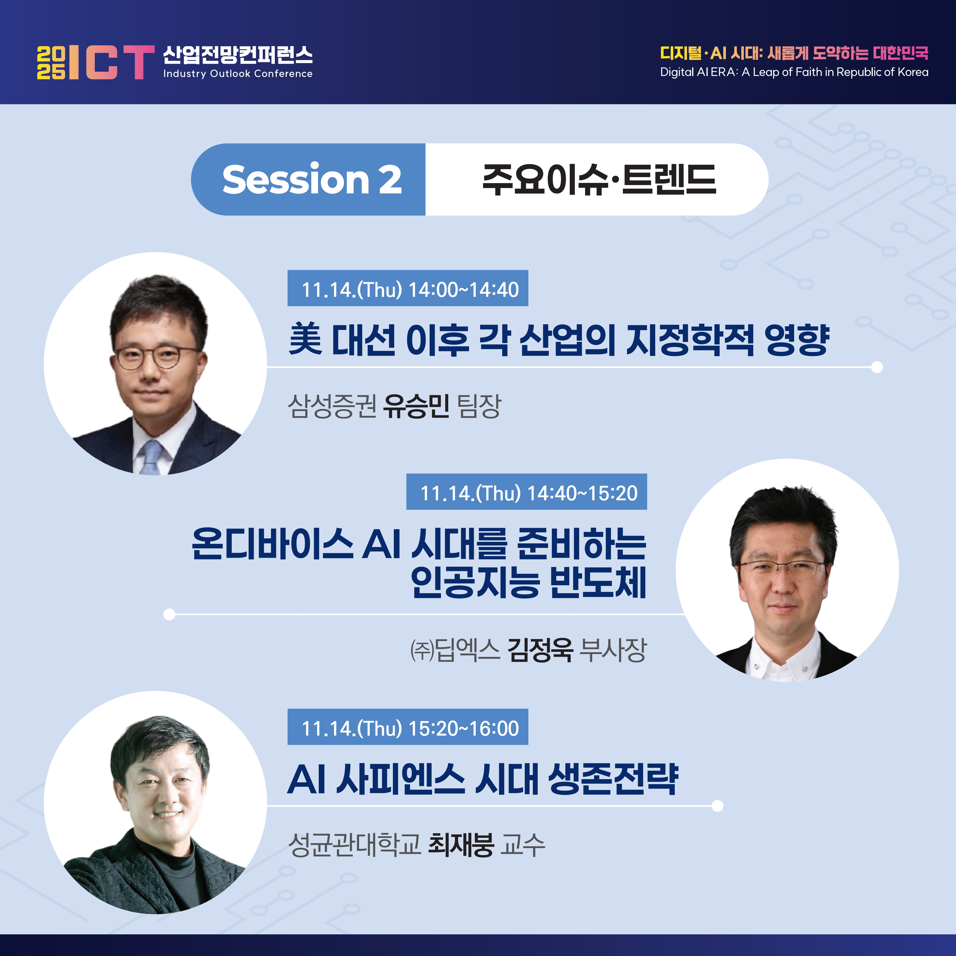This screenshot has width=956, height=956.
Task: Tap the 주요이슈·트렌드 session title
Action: click(599, 179)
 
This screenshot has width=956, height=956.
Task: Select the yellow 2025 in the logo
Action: click(51, 62)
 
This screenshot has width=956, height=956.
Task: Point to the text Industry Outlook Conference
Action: click(238, 74)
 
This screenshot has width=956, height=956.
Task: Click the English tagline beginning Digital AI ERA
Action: click(794, 72)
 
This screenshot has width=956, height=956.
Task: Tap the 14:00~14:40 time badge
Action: click(408, 288)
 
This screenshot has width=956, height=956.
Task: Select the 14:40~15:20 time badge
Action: click(527, 491)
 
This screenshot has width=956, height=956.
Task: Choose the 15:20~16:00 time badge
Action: click(408, 726)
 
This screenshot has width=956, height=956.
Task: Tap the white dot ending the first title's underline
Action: click(877, 367)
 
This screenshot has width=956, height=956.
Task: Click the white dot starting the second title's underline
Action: click(169, 614)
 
